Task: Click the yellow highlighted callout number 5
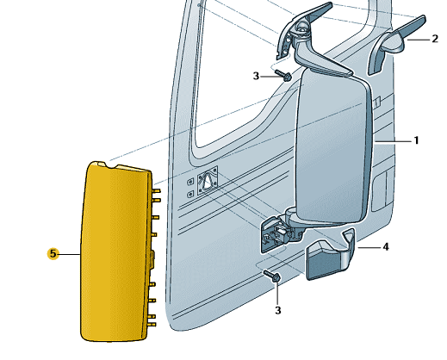[x=53, y=254]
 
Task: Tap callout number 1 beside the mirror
[x=416, y=140]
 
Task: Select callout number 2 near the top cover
[x=435, y=39]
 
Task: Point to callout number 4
[x=386, y=246]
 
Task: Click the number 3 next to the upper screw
[x=256, y=76]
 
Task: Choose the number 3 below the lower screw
[x=278, y=310]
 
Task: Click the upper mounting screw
[x=283, y=75]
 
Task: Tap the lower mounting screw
[x=272, y=276]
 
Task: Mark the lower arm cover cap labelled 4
[x=330, y=256]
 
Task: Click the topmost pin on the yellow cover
[x=157, y=190]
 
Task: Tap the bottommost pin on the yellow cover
[x=152, y=324]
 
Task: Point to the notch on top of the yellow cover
[x=111, y=165]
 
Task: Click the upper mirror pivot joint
[x=301, y=28]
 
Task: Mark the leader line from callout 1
[x=393, y=141]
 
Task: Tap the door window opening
[x=241, y=71]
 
